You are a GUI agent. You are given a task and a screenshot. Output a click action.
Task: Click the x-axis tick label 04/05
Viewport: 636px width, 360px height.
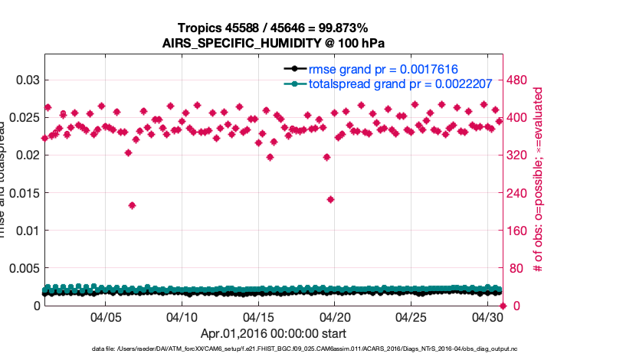(105, 316)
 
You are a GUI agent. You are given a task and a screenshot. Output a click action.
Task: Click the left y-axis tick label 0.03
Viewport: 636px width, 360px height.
(27, 80)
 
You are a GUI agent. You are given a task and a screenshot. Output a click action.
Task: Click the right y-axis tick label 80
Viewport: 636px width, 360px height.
(521, 268)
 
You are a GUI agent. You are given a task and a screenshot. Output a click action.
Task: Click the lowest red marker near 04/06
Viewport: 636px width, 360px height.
(132, 205)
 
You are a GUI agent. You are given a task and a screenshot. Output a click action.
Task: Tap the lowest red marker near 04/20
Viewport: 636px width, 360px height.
(330, 199)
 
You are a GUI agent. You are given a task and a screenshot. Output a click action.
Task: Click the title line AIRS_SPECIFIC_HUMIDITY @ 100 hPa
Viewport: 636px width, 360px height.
(273, 43)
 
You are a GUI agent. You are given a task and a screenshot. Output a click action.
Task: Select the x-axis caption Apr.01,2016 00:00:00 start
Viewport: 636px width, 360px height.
(273, 333)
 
